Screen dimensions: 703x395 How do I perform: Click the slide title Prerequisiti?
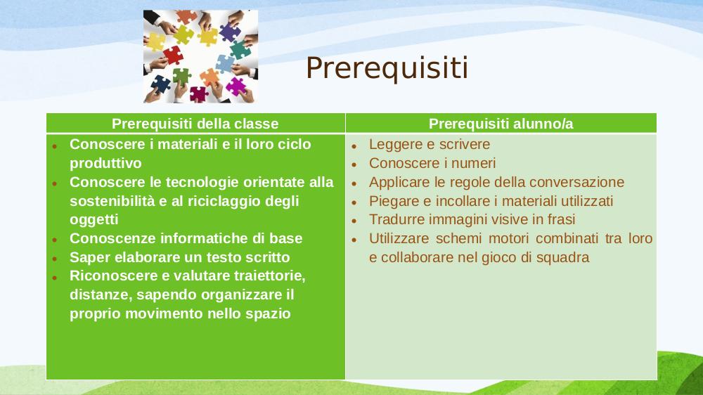[387, 69]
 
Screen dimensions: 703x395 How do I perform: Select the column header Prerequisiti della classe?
[195, 124]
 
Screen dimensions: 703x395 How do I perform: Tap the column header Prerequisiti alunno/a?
[501, 124]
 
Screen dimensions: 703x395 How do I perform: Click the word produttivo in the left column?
[105, 163]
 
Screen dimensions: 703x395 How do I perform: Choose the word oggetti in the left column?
[93, 220]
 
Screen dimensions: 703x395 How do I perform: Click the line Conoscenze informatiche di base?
[186, 238]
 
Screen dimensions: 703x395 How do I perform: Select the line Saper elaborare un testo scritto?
[180, 257]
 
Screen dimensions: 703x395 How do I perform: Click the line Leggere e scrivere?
[430, 144]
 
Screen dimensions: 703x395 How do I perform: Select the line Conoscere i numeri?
[432, 163]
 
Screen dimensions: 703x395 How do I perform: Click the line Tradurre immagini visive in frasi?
[472, 220]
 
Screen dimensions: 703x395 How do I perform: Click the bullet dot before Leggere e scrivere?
[354, 146]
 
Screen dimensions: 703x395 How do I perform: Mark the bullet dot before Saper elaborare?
[55, 259]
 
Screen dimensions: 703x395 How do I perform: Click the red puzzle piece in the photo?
[173, 55]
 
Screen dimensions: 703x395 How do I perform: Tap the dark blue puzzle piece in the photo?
[160, 84]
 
